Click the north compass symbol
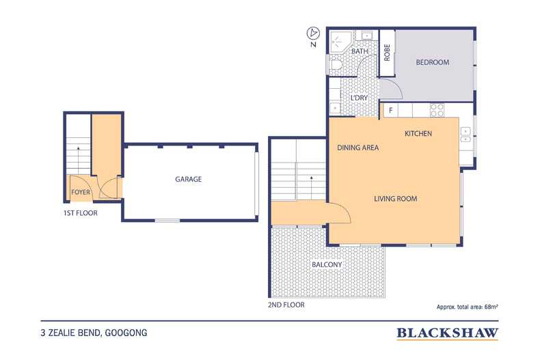tap(312, 33)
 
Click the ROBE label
tap(387, 53)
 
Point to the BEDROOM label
tap(433, 63)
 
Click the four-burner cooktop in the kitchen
tap(436, 109)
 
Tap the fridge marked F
tap(390, 109)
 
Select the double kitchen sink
tap(465, 135)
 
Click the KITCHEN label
tap(418, 133)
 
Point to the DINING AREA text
tap(357, 148)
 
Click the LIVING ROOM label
tap(395, 199)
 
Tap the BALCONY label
tap(327, 264)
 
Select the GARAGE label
tap(188, 179)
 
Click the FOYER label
tap(81, 193)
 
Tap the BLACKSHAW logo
tap(448, 333)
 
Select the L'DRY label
tap(360, 98)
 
